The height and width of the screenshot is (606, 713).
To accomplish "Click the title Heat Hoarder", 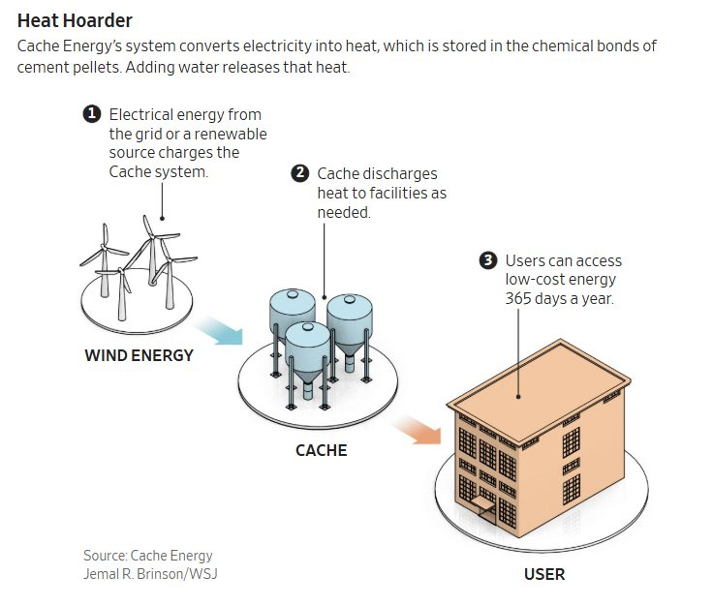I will click(x=75, y=19).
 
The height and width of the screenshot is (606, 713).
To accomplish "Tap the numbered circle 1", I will click(x=92, y=114).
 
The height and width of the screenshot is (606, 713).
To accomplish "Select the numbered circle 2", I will click(x=300, y=174).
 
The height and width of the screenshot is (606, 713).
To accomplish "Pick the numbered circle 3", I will click(x=488, y=260).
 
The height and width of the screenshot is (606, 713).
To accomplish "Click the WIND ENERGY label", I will click(x=139, y=355).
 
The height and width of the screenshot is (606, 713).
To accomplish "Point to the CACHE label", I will click(x=321, y=450).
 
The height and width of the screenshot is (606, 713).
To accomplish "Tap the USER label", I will click(x=543, y=574).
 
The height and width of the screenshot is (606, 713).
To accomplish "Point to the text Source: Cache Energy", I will click(x=147, y=556).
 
